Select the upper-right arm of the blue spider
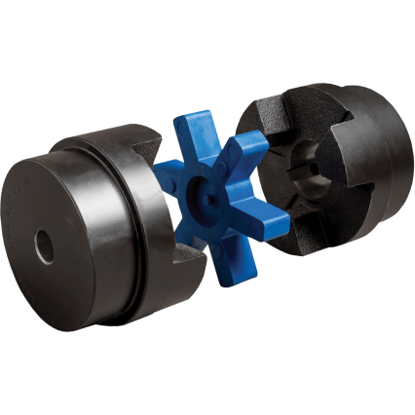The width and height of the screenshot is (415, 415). tap(247, 146)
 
